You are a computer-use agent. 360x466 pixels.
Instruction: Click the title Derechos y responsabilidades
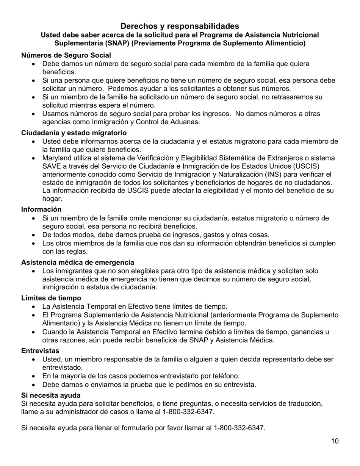[180, 26]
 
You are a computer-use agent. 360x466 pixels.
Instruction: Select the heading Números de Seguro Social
[66, 55]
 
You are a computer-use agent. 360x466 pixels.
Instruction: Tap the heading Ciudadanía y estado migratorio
[74, 133]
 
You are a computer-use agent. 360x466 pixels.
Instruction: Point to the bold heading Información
[41, 209]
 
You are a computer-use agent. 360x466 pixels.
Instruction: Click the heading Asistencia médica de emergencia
[78, 262]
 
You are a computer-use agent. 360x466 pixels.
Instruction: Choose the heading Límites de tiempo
[51, 298]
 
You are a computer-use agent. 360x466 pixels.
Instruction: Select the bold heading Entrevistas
[40, 351]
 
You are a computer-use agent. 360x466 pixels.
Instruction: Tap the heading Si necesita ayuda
[51, 396]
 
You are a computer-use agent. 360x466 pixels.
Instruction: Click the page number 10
[335, 441]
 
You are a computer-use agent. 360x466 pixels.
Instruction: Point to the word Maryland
[56, 158]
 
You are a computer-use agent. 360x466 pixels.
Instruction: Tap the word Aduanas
[185, 122]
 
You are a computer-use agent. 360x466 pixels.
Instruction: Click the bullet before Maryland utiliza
[34, 158]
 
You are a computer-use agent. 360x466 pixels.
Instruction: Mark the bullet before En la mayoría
[34, 376]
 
